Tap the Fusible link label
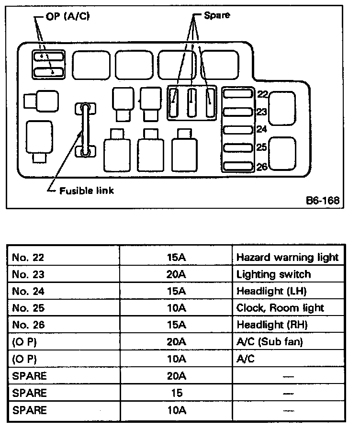(86, 190)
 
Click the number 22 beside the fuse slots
(261, 94)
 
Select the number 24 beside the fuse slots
(261, 129)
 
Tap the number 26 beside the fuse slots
(261, 167)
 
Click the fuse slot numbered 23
(238, 112)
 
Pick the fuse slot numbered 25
(238, 147)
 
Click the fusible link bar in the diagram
(85, 130)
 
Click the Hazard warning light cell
(287, 257)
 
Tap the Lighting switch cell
(273, 274)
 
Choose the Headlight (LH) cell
(271, 291)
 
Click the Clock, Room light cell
(280, 308)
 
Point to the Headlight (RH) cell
(272, 325)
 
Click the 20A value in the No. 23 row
(176, 274)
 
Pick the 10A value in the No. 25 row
(176, 308)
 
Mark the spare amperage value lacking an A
(176, 393)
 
